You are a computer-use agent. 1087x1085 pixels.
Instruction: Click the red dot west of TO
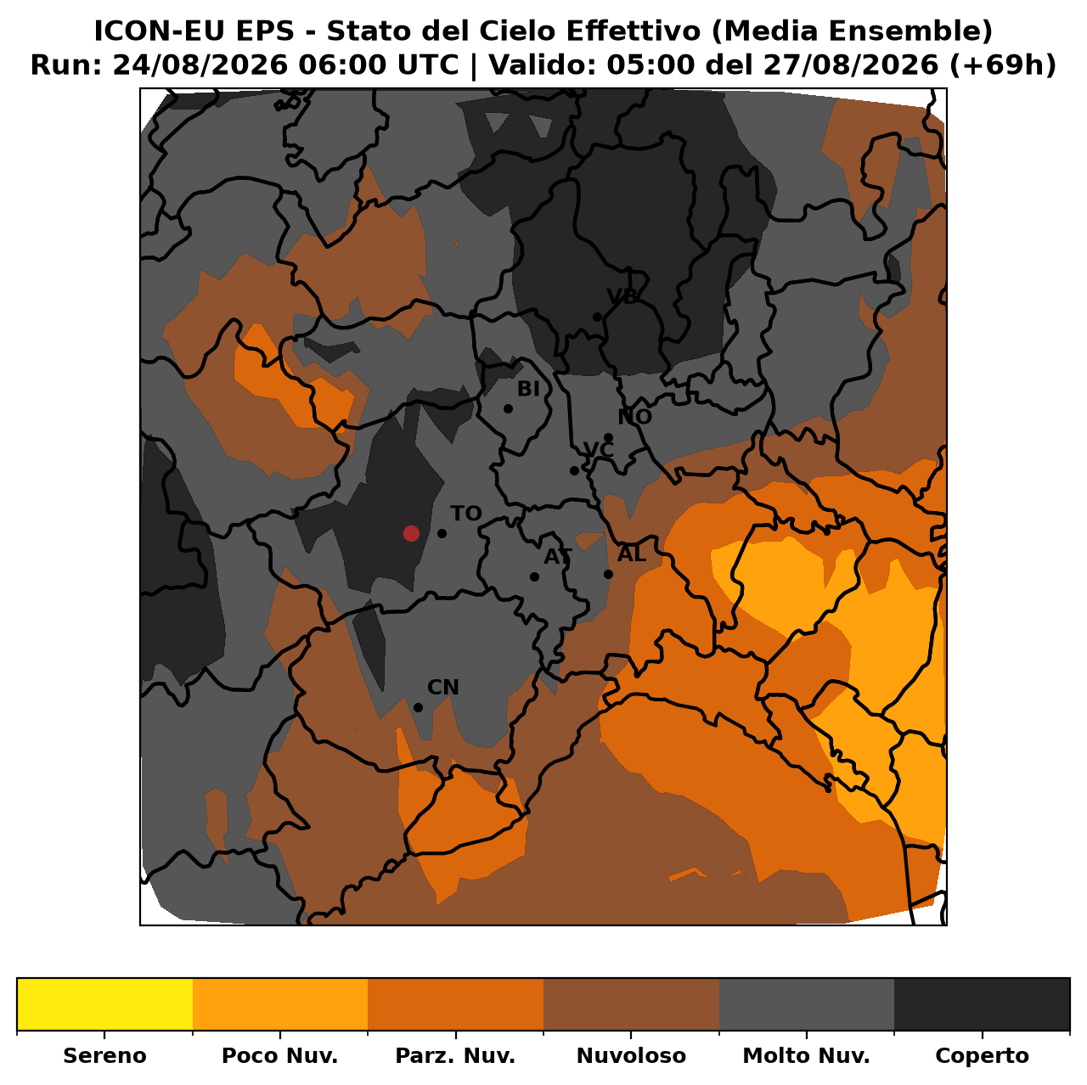[411, 533]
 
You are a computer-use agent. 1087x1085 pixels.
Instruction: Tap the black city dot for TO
[442, 533]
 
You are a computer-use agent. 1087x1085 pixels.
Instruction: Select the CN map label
[442, 687]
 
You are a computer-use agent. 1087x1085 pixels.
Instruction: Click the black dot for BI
[508, 408]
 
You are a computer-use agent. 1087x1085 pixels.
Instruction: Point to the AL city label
[631, 554]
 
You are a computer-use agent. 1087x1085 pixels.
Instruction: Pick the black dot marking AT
[534, 576]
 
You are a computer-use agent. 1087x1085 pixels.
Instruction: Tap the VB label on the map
[622, 296]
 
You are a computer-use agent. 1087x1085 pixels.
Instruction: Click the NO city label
[634, 417]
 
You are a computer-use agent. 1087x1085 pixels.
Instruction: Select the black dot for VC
[574, 470]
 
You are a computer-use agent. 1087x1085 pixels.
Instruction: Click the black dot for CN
[418, 707]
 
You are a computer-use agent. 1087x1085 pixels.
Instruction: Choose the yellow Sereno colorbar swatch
[105, 1003]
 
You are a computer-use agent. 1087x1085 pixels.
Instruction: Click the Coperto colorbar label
[982, 1055]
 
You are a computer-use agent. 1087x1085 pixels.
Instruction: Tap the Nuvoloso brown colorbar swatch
[631, 1003]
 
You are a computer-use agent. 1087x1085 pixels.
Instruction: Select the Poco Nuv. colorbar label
[279, 1055]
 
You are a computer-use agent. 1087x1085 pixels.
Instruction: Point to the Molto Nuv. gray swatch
[807, 1003]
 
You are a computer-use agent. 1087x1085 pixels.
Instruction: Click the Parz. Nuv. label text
[455, 1055]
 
